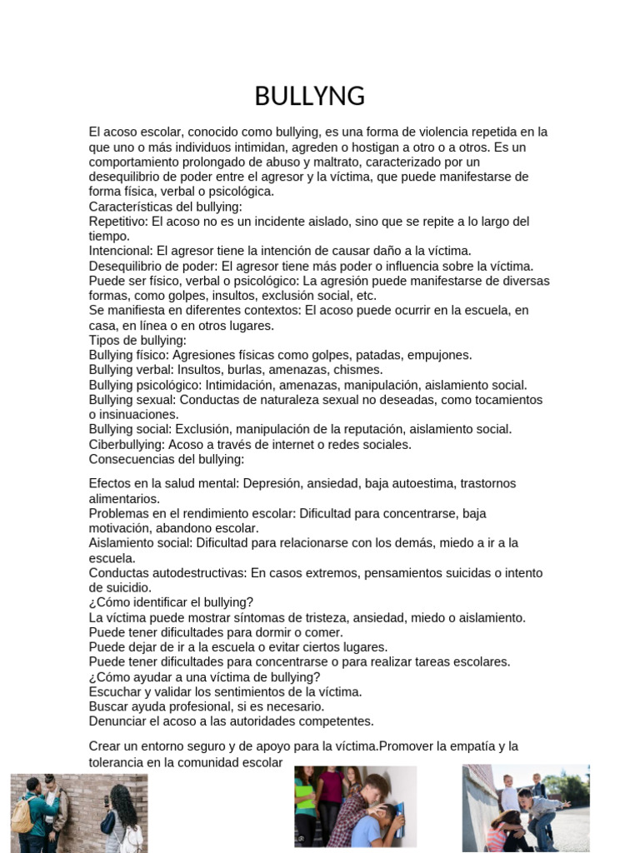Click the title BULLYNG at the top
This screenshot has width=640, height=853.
tap(310, 97)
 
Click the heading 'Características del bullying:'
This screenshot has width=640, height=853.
tap(165, 207)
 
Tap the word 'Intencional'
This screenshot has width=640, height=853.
tap(120, 251)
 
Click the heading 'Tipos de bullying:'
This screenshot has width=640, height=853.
tap(137, 340)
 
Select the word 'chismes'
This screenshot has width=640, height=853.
tap(361, 370)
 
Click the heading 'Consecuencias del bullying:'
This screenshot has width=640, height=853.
tap(166, 459)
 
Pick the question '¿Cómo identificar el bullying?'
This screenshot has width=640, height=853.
tap(171, 602)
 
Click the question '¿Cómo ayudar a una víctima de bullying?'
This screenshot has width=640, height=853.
tap(204, 677)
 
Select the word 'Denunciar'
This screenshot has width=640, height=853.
tap(117, 721)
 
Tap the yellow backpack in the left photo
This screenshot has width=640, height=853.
tap(22, 817)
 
